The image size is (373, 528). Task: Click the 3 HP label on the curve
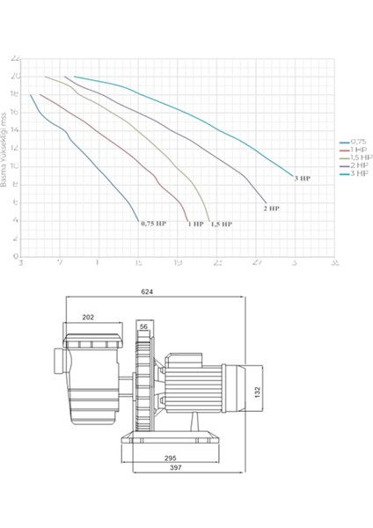(303, 178)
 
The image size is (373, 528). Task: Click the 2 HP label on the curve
(272, 209)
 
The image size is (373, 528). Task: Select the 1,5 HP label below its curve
(221, 224)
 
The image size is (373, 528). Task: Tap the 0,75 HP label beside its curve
(152, 224)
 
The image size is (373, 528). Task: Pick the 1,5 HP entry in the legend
(349, 157)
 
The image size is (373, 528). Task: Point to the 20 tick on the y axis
(15, 76)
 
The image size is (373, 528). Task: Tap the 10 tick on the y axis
(15, 165)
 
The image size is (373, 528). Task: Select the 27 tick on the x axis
(256, 262)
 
